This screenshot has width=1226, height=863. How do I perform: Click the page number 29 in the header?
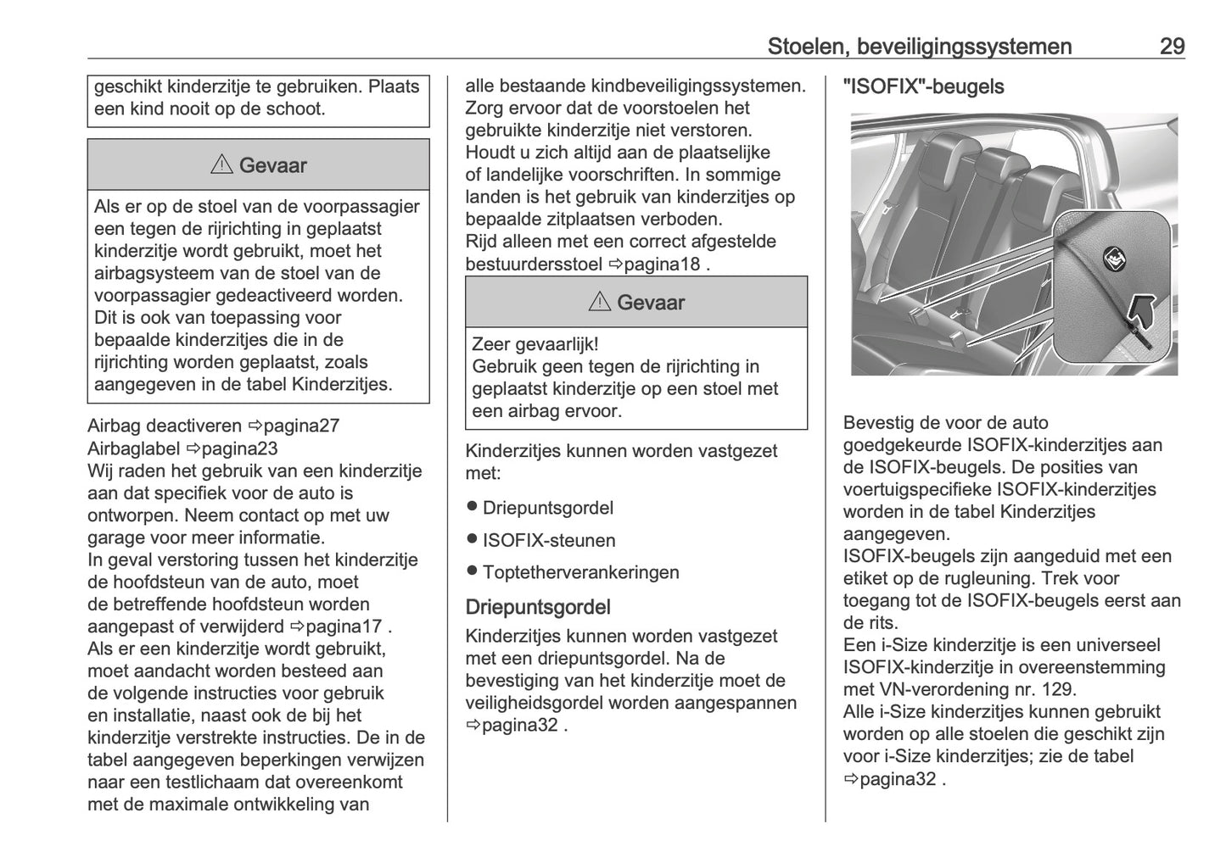pos(1171,47)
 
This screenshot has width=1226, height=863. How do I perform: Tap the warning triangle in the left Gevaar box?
pos(221,165)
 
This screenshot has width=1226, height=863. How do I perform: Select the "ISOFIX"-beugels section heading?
pos(923,87)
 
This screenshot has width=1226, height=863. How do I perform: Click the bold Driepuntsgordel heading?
pos(538,607)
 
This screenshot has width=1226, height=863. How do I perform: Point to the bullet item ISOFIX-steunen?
pos(548,541)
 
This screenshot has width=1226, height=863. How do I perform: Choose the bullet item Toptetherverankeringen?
pos(580,573)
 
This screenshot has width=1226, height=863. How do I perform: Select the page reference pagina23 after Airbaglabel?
pos(240,448)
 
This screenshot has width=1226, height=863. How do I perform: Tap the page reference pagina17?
pos(344,627)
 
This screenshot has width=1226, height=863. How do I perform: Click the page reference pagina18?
pos(663,264)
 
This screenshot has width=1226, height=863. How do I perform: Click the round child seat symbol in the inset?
pos(1111,258)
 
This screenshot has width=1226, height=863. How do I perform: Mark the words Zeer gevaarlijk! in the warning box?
pos(535,345)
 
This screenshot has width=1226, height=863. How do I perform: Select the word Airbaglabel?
pos(133,448)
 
